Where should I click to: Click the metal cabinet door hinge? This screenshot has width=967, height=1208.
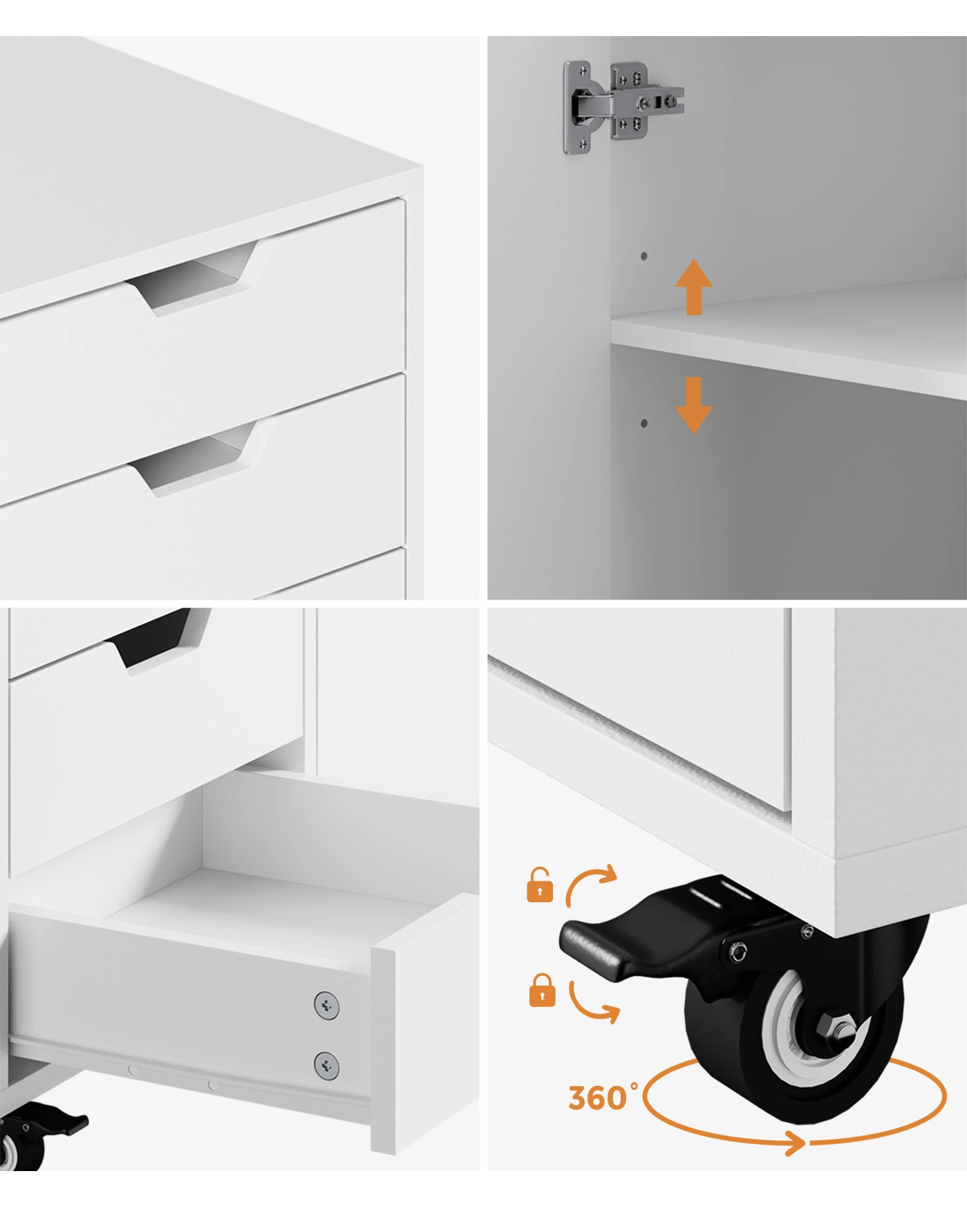tap(622, 106)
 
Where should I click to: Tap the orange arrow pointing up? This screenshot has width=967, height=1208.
tap(694, 286)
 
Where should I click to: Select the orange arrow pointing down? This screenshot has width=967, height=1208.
tap(694, 405)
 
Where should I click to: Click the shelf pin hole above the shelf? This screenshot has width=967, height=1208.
tap(643, 256)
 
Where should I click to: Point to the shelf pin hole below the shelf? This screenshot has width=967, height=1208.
tap(643, 423)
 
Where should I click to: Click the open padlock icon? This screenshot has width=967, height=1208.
tap(540, 886)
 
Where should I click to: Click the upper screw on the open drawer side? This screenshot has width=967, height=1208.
tap(326, 1005)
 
